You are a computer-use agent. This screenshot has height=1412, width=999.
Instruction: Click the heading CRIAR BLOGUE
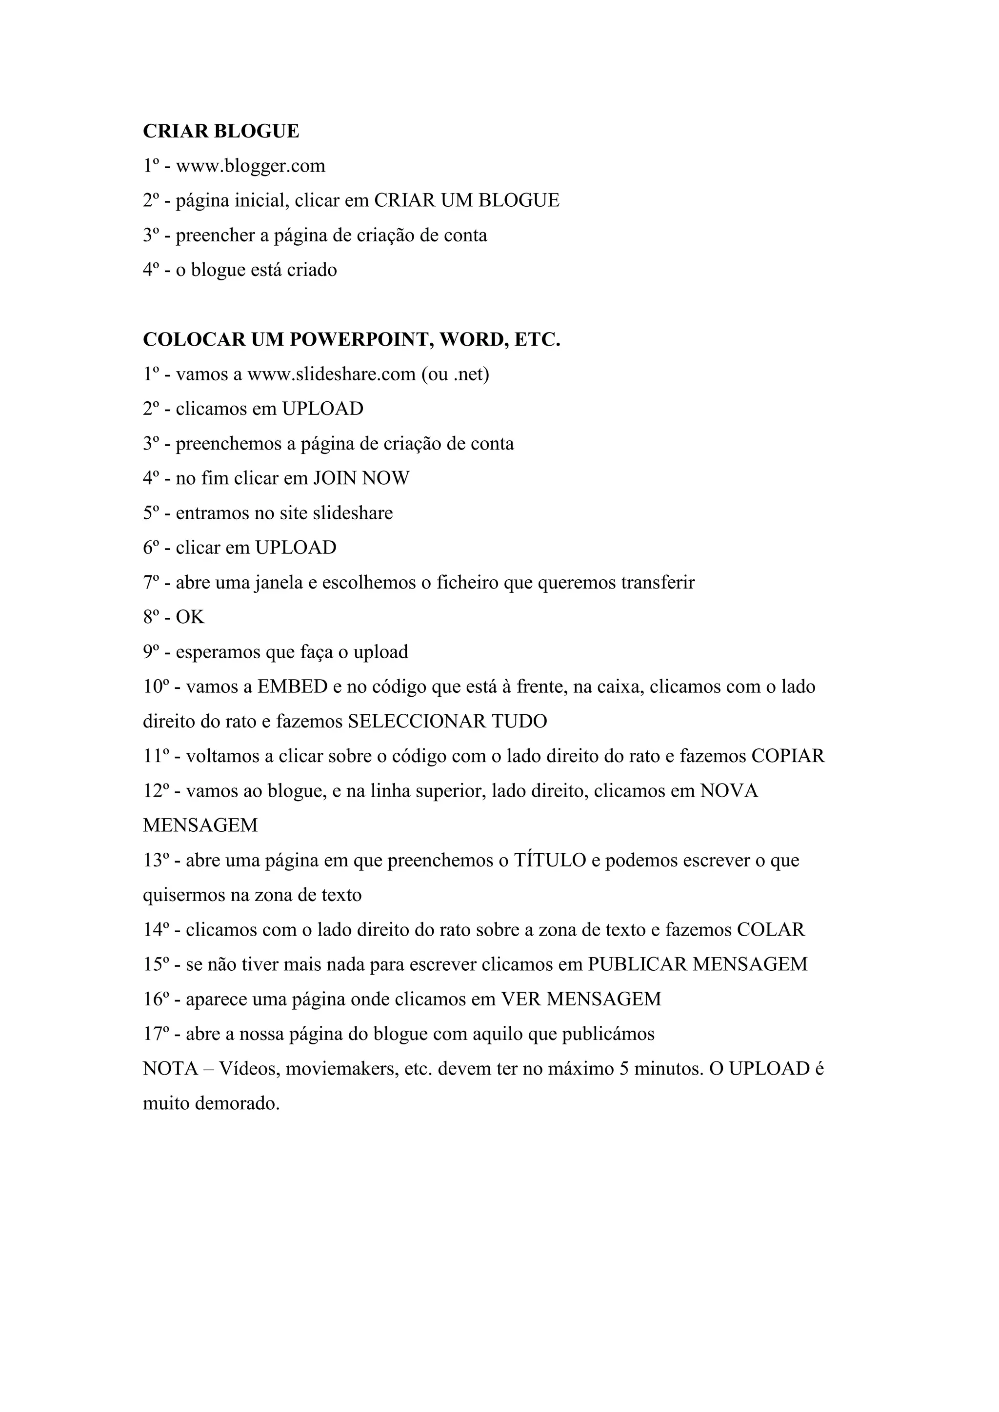point(221,131)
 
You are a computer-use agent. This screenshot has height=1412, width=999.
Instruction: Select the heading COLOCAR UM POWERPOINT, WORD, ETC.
point(351,339)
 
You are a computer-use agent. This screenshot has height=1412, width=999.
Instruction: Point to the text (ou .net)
point(455,374)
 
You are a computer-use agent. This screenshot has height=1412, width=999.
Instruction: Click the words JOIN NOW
point(361,478)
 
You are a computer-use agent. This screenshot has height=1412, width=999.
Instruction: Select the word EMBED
point(292,686)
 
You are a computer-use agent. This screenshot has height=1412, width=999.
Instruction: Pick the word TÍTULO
point(550,860)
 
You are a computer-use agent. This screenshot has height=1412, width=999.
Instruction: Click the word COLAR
point(771,929)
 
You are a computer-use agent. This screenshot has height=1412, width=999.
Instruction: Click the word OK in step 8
point(190,617)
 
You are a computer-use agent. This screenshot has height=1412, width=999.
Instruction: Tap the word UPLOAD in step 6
point(296,548)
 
